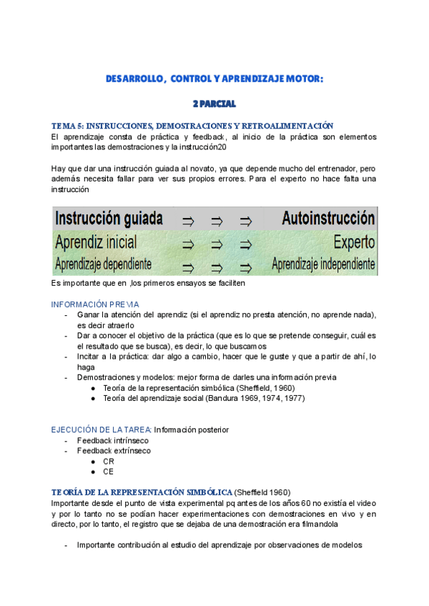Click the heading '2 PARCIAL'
coord(214,104)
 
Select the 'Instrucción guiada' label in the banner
coord(109,218)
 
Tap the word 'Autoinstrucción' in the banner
coord(328,218)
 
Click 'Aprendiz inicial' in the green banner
coord(96,242)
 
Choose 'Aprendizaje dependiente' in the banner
coord(103,264)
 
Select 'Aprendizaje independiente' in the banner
coord(323,264)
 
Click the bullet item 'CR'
coord(109,462)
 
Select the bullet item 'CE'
coord(109,472)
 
